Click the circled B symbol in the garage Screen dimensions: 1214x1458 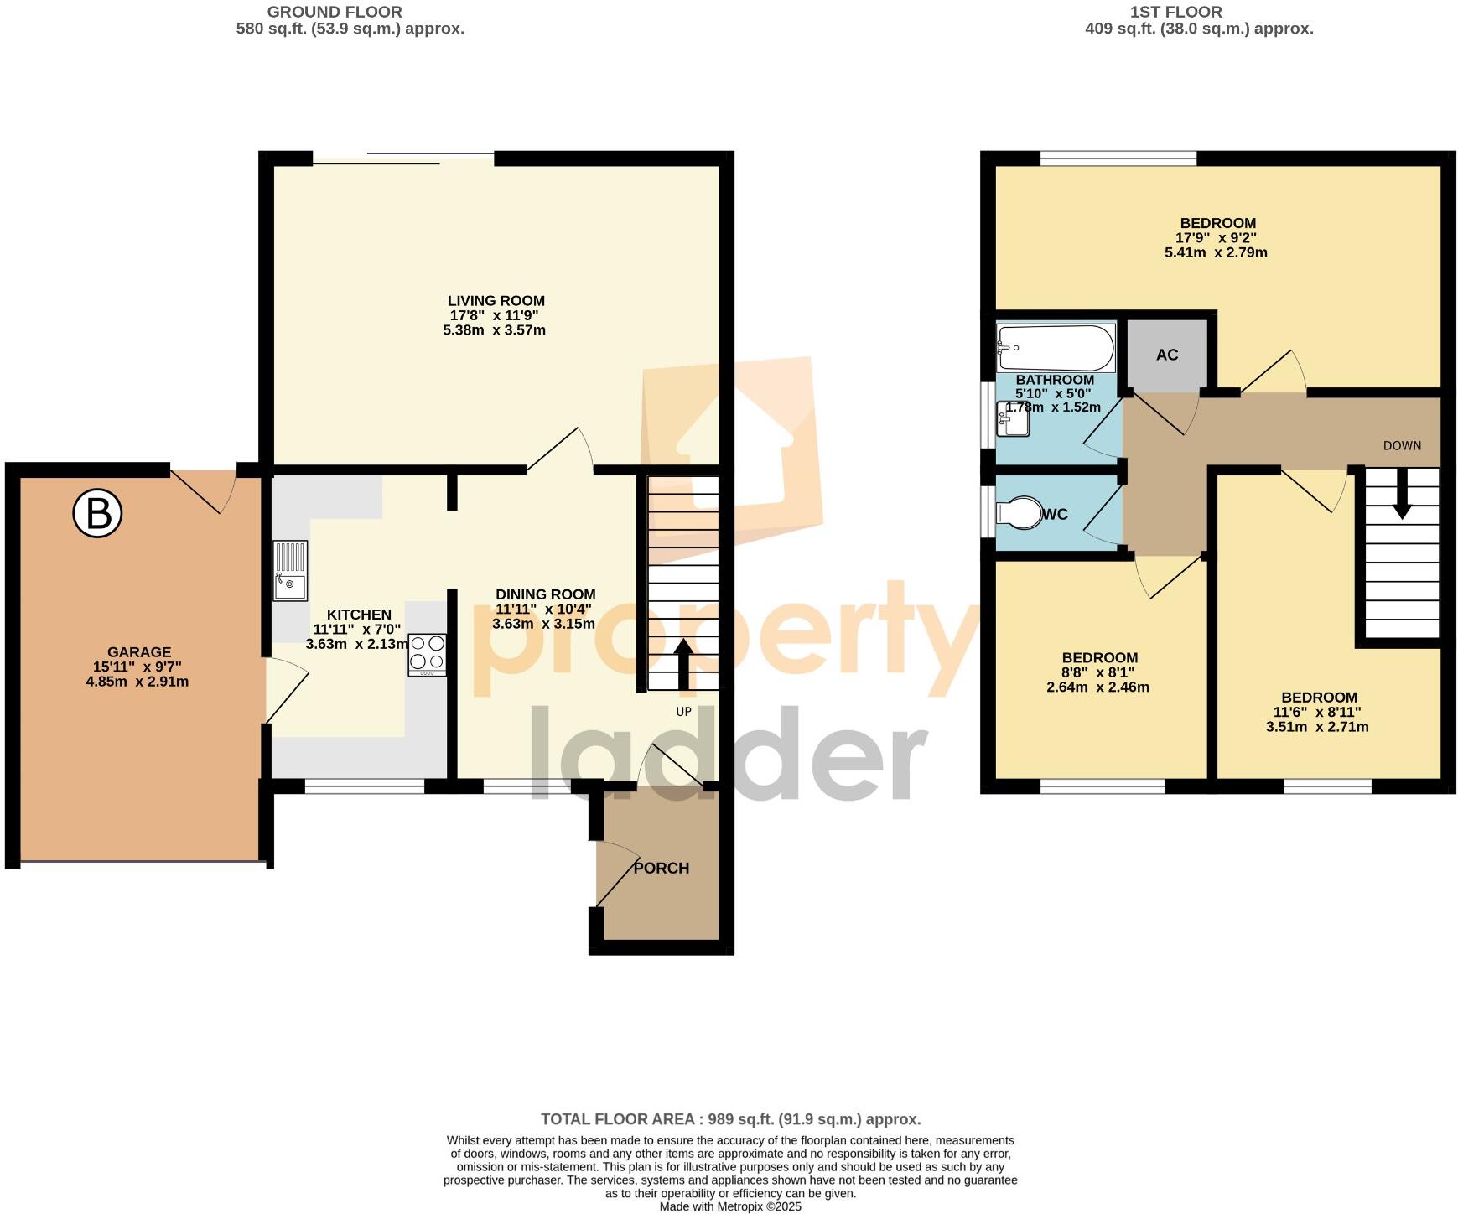tap(98, 514)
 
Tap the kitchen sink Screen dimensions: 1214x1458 tap(290, 570)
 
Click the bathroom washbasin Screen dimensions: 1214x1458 tap(1011, 420)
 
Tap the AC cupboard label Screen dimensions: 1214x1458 tap(1167, 355)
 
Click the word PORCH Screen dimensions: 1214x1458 tap(662, 869)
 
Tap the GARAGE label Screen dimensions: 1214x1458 tap(139, 652)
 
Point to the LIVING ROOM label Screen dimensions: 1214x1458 tap(496, 301)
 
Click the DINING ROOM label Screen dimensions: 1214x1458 tap(545, 595)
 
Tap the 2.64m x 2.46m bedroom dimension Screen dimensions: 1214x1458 tap(1097, 687)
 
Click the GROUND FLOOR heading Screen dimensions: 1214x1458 tap(335, 13)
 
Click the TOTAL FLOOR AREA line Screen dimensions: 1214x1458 tap(730, 1119)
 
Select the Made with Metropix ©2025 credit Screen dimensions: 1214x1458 tap(730, 1207)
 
